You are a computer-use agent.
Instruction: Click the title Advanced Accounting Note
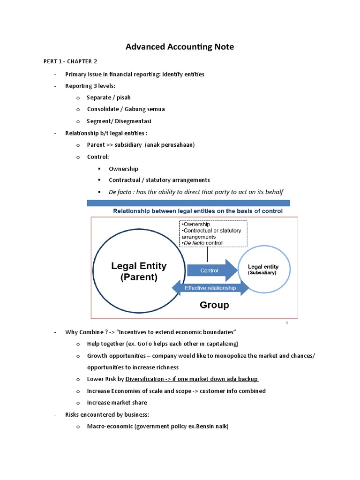[x=180, y=47]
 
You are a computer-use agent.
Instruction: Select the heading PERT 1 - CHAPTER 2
[x=70, y=62]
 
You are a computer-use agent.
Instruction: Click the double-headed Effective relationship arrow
[x=210, y=288]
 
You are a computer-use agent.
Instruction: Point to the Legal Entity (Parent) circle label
[x=139, y=271]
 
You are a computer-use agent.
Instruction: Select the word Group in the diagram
[x=214, y=305]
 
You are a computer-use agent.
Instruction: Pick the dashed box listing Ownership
[x=213, y=233]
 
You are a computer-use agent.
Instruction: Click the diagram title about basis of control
[x=198, y=211]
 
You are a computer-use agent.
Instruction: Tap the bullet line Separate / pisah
[x=109, y=97]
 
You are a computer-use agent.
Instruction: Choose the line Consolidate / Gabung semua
[x=126, y=109]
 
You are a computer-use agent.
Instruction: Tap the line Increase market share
[x=117, y=403]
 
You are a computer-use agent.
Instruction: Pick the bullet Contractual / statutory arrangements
[x=159, y=180]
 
